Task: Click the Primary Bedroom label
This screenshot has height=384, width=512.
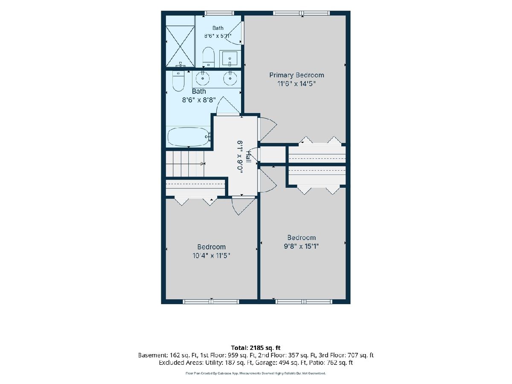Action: tap(297, 75)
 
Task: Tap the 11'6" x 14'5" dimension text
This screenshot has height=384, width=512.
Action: tap(297, 84)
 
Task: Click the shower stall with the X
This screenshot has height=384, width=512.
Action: tap(180, 46)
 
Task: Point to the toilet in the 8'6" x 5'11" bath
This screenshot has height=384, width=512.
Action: tap(208, 57)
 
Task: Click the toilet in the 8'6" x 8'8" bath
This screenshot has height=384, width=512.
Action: tap(178, 81)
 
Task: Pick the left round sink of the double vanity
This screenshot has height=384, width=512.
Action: tap(203, 79)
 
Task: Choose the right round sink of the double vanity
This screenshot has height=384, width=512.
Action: tap(230, 79)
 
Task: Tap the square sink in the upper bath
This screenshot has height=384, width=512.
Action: tap(230, 59)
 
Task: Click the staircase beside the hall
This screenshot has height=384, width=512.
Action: tap(185, 164)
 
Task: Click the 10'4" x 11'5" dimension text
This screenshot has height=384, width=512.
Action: tap(211, 256)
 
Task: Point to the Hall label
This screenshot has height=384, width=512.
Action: tap(248, 157)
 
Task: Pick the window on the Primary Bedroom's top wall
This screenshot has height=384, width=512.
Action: tap(302, 13)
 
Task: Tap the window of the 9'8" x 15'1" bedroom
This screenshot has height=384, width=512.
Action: tap(304, 302)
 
